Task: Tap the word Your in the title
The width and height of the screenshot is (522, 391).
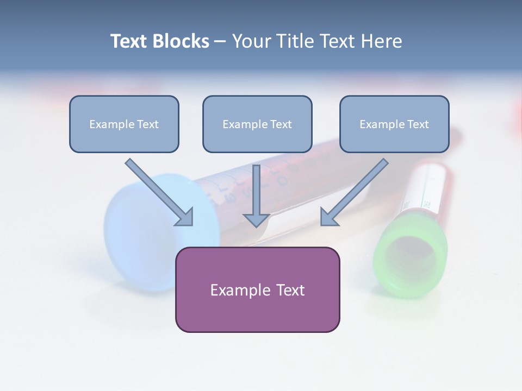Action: pos(252,41)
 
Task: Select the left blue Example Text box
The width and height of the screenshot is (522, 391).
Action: pos(124,124)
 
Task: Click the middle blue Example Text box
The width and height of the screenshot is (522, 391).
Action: pos(257,124)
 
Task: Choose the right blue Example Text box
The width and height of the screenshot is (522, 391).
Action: pos(394,124)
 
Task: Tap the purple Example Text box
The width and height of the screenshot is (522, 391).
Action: pos(257,289)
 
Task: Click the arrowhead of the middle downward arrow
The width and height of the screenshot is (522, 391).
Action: pos(256,219)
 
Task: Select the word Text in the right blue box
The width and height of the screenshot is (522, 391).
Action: pos(418,124)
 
